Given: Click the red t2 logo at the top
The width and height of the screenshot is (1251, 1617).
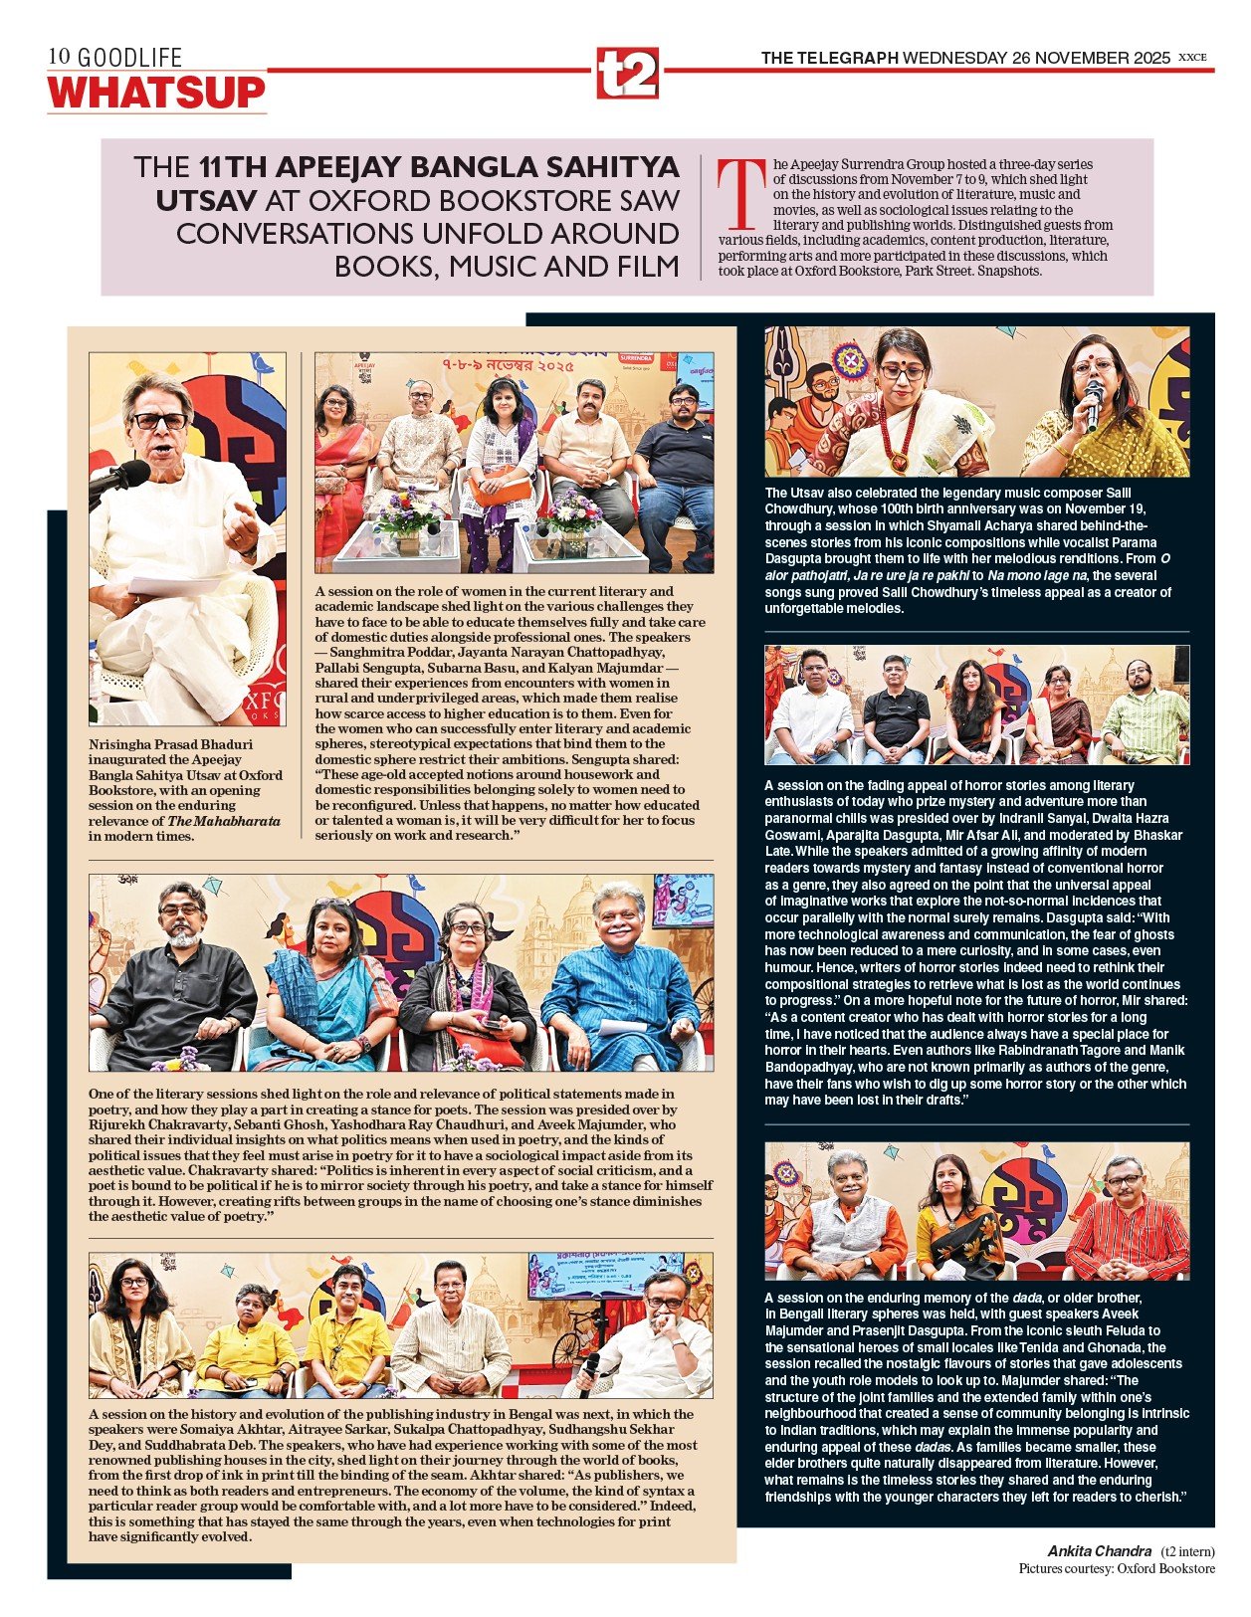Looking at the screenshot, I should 627,72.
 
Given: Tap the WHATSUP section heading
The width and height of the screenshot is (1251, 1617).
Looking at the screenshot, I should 157,93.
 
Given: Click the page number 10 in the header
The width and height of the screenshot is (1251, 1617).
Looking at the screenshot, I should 60,58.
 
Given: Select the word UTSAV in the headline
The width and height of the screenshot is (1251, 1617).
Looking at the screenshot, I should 203,200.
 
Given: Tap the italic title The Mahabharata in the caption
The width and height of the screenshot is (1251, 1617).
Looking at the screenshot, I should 224,821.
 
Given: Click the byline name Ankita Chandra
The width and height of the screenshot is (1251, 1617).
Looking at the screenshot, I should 1099,1551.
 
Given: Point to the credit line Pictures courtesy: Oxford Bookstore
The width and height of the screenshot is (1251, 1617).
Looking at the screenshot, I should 1116,1568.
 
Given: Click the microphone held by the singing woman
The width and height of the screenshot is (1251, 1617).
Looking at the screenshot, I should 1094,399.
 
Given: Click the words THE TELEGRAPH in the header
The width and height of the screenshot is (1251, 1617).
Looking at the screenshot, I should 830,58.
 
